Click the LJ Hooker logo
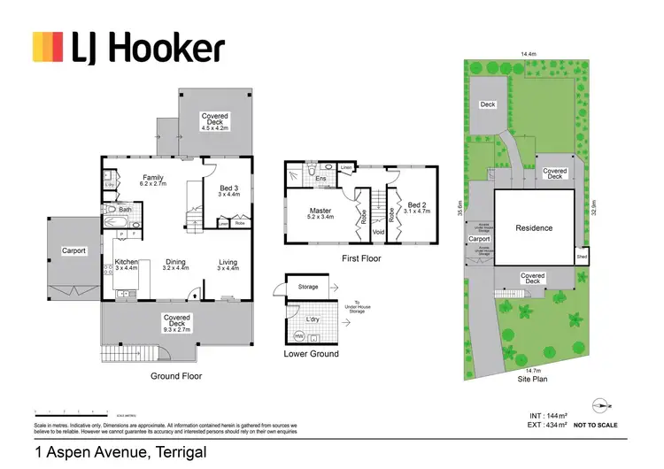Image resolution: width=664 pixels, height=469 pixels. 128,47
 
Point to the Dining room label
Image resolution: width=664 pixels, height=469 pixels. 175,262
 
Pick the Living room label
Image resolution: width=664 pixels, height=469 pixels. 228,262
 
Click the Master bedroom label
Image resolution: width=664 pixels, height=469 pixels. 320,210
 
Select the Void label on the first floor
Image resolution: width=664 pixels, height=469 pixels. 378,233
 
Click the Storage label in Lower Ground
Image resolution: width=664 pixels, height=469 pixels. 308,287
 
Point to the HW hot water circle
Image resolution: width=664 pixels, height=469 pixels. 298,335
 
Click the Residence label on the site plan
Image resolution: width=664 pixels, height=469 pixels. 534,228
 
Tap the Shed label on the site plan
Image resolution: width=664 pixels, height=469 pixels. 582,257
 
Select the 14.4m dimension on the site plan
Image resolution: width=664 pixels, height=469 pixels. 529,55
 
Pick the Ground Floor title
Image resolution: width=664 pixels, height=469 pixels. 177,376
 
